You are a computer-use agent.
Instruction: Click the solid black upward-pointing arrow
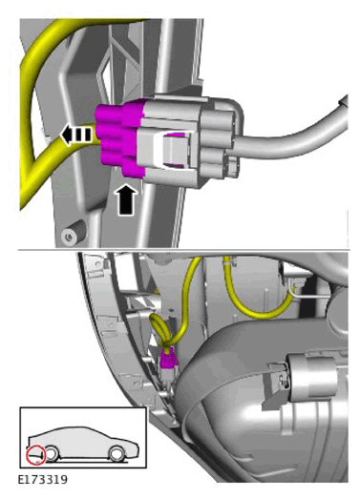click(x=127, y=199)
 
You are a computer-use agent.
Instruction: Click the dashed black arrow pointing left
click(x=76, y=135)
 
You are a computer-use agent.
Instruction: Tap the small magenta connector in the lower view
click(x=168, y=360)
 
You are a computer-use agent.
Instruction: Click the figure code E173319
click(x=43, y=479)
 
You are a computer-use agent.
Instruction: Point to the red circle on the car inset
click(x=36, y=454)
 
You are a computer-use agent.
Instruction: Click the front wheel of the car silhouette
click(x=52, y=453)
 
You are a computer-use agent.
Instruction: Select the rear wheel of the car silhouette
click(x=116, y=454)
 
